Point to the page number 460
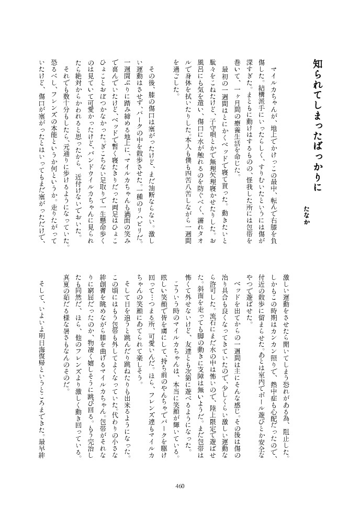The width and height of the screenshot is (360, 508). click(180, 485)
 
